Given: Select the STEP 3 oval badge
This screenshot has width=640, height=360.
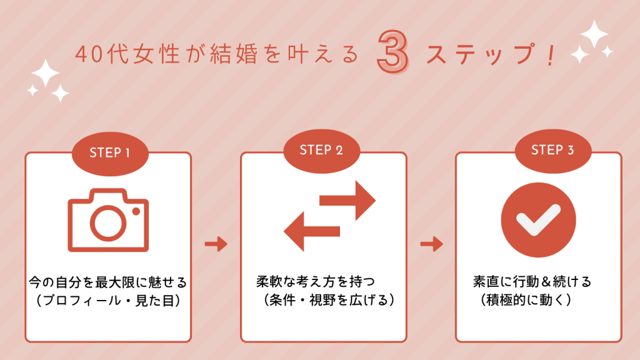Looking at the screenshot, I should (552, 150).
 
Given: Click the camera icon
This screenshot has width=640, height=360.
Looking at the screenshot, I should (108, 219).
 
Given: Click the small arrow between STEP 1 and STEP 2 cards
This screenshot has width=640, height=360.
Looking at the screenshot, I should (216, 244).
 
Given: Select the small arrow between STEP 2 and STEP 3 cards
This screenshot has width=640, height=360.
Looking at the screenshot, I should (431, 244).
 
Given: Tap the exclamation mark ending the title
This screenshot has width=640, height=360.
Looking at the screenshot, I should (549, 55).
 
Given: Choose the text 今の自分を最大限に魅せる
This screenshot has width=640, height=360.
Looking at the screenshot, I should (107, 283).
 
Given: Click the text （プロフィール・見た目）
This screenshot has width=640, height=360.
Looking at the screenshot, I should (107, 301).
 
